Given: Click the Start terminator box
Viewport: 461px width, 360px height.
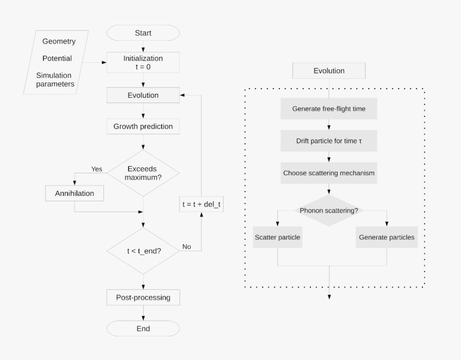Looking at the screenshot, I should tap(143, 33).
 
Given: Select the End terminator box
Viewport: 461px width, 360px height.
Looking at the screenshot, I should tap(143, 328).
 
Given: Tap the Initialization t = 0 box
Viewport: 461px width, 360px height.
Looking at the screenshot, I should tap(143, 62).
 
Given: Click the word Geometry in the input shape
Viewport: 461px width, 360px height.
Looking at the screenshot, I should tap(59, 41).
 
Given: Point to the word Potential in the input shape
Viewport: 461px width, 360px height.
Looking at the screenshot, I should tap(57, 58).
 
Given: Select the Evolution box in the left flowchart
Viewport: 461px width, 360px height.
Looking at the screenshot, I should tap(143, 95).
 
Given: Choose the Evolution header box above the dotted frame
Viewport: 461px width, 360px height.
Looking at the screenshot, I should tap(329, 71).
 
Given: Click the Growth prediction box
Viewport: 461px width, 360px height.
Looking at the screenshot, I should tap(143, 127).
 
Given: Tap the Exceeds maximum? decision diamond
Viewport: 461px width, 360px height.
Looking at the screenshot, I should tap(143, 173).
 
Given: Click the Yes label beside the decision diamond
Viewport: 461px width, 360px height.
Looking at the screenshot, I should tap(96, 169).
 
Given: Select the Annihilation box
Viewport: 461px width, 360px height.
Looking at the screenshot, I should tap(75, 193).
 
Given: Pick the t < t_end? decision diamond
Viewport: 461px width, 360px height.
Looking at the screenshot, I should tap(143, 251).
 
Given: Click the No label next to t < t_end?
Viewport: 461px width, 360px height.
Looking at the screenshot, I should tap(187, 247).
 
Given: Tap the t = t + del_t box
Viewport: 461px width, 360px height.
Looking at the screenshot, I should tap(201, 204).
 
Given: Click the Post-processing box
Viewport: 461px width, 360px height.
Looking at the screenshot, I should tap(143, 297).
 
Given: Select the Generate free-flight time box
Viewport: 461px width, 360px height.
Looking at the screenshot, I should tap(329, 109).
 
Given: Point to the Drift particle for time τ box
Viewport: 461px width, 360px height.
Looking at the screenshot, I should tap(329, 141).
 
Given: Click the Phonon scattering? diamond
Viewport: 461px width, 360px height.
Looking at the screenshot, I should tap(329, 210).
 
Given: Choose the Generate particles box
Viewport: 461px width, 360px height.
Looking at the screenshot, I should tap(386, 237).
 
